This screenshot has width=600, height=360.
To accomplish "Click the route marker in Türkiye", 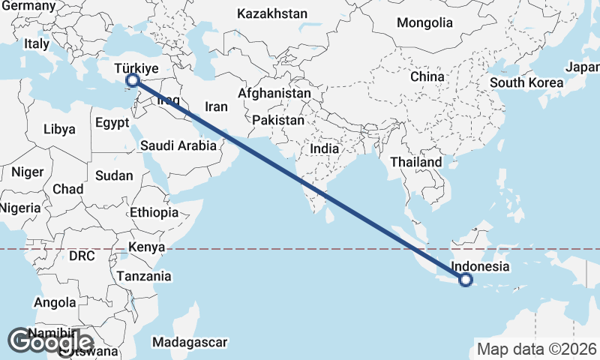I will pyautogui.click(x=133, y=79).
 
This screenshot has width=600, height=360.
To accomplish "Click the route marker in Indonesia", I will pyautogui.click(x=466, y=280).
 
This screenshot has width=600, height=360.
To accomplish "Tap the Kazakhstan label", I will pyautogui.click(x=272, y=13).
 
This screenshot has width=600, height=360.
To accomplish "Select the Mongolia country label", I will pyautogui.click(x=425, y=22).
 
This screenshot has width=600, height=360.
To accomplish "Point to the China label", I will pyautogui.click(x=427, y=76).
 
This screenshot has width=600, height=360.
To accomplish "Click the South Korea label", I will pyautogui.click(x=526, y=82).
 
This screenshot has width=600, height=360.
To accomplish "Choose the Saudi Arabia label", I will pyautogui.click(x=178, y=146).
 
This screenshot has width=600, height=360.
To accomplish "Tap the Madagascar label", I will pyautogui.click(x=189, y=343).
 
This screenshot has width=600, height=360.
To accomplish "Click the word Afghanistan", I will pyautogui.click(x=274, y=94).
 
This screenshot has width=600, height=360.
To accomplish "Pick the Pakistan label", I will pyautogui.click(x=278, y=120).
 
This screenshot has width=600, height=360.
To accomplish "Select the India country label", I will pyautogui.click(x=325, y=148).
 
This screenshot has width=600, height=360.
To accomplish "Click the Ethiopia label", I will pyautogui.click(x=154, y=212).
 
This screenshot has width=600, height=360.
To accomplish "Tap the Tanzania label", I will pyautogui.click(x=144, y=276).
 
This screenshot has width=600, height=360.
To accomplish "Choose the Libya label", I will pyautogui.click(x=59, y=129).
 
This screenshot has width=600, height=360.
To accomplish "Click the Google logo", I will pyautogui.click(x=50, y=341).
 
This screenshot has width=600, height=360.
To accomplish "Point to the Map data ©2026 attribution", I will pyautogui.click(x=536, y=349).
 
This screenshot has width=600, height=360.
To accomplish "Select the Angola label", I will pyautogui.click(x=55, y=303).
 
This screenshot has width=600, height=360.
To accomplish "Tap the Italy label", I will pyautogui.click(x=36, y=44).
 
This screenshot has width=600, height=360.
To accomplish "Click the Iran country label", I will pyautogui.click(x=216, y=107).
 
